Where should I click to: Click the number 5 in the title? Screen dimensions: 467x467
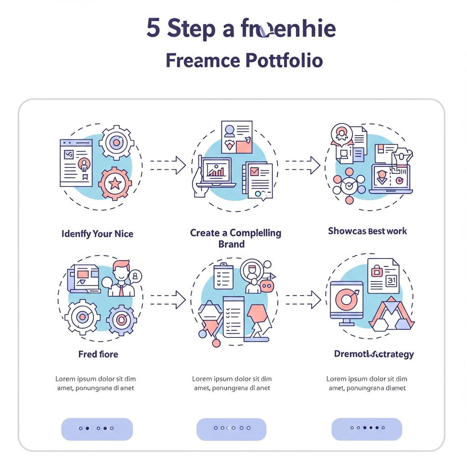coord(154,28)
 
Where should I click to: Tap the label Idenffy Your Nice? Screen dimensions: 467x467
coord(97,234)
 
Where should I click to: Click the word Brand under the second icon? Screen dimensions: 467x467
coord(231,244)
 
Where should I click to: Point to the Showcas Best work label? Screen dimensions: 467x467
coord(367,231)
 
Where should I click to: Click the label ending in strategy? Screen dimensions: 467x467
coord(374,354)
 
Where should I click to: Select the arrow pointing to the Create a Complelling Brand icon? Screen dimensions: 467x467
coord(167,165)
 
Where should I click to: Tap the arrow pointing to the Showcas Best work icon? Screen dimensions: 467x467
coord(302,165)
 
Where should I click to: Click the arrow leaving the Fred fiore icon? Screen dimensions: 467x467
coord(167,300)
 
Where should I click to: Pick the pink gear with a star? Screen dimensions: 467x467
coord(115,184)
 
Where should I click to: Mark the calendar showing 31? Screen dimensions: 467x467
coord(391,281)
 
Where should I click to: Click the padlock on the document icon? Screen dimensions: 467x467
coord(377,271)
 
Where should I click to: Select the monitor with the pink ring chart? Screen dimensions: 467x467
coord(347,300)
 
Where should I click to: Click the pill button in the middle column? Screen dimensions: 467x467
coord(231,429)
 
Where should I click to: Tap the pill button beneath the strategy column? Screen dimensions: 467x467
coord(367,429)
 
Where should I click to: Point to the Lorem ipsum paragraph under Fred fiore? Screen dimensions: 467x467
coord(95,384)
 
